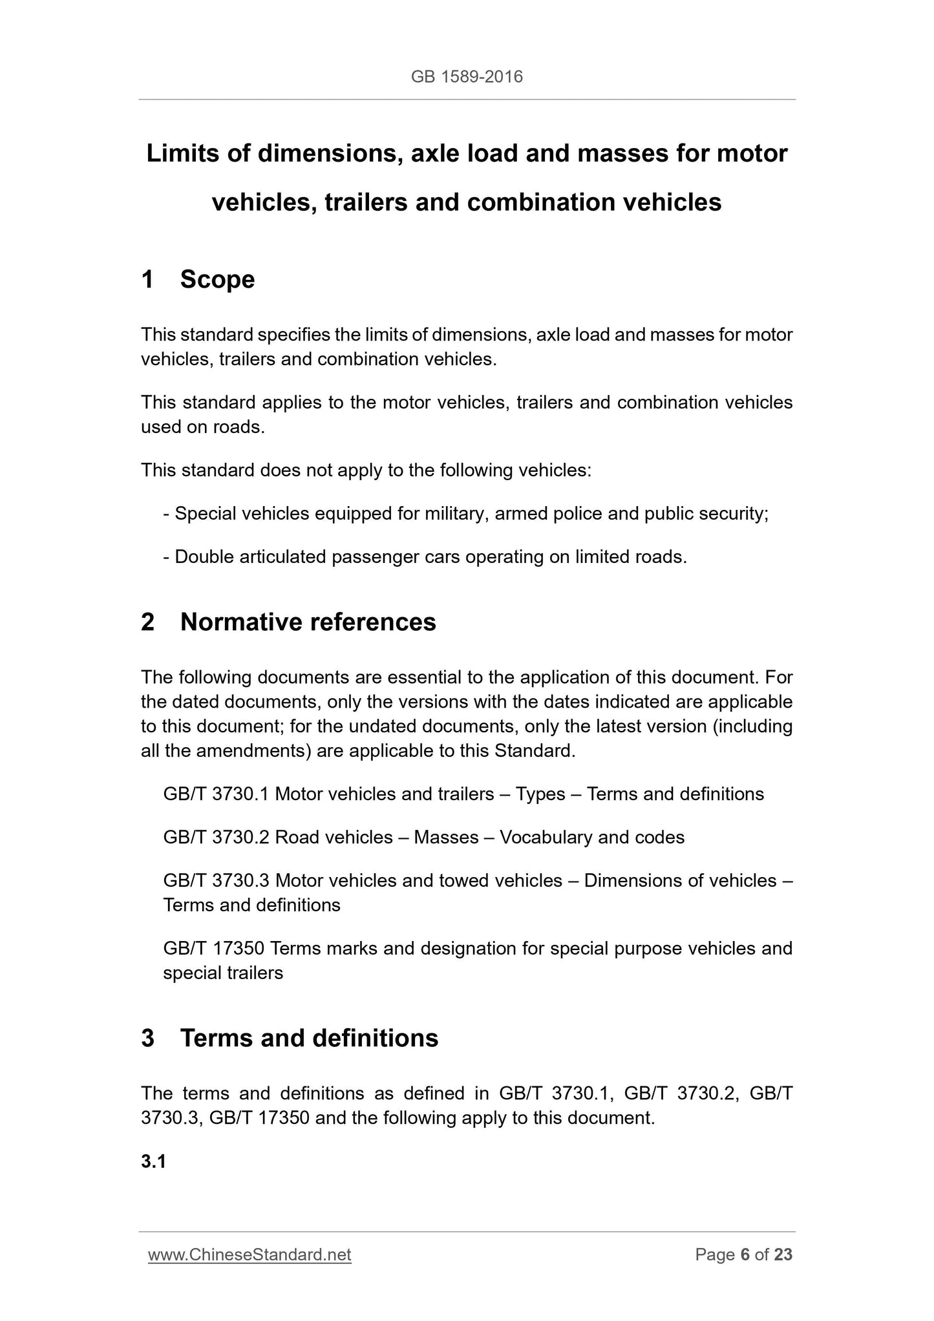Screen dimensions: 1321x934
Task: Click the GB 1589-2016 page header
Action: pos(467,78)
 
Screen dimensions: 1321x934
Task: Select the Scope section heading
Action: pos(217,280)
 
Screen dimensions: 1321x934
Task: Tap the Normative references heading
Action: pos(308,622)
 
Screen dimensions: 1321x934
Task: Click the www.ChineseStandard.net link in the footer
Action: pos(249,1255)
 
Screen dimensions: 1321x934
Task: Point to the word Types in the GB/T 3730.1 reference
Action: pos(540,794)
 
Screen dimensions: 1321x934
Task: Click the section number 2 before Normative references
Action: pos(148,622)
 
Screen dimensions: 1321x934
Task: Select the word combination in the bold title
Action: pos(540,203)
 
